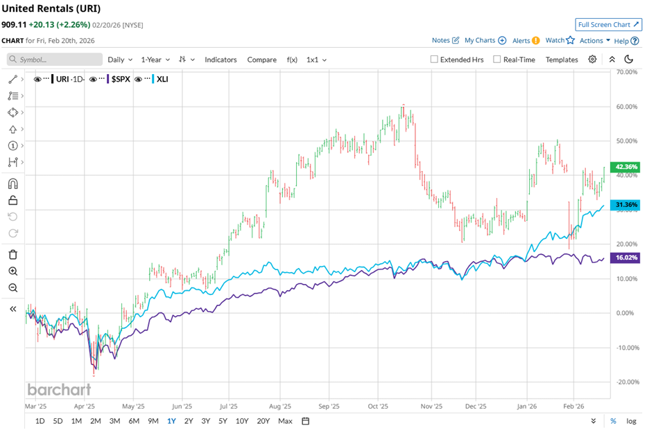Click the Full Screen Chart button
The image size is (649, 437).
(607, 24)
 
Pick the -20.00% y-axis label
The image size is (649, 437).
(627, 382)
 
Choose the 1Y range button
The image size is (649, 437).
(171, 421)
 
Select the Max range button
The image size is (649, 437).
(284, 421)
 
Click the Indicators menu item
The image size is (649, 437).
(220, 60)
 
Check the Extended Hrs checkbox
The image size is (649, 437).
(435, 60)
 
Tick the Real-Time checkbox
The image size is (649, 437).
(497, 60)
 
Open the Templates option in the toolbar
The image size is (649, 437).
(562, 60)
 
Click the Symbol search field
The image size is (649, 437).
(55, 60)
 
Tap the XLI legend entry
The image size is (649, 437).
(162, 79)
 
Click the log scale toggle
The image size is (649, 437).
(631, 421)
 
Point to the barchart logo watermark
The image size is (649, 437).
(59, 389)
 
